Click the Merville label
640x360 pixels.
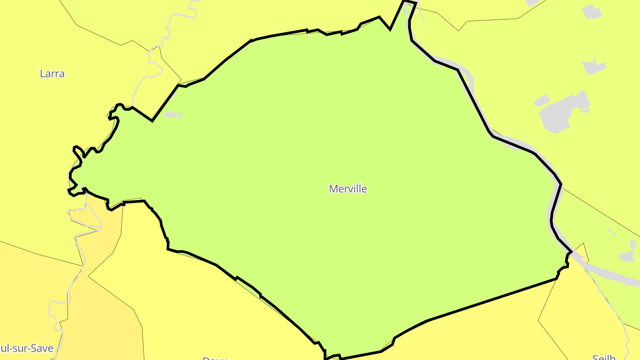(348, 189)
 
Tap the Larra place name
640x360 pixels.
(52, 74)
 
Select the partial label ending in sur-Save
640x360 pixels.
(27, 348)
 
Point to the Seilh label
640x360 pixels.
(604, 357)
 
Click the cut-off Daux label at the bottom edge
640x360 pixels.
(215, 358)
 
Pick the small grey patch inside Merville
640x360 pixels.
(172, 115)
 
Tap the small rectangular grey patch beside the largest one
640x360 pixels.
(541, 100)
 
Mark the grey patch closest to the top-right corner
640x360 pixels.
(591, 12)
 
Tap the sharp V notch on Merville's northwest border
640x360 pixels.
(152, 120)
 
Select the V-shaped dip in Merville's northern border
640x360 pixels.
(390, 29)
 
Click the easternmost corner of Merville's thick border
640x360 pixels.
(571, 252)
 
